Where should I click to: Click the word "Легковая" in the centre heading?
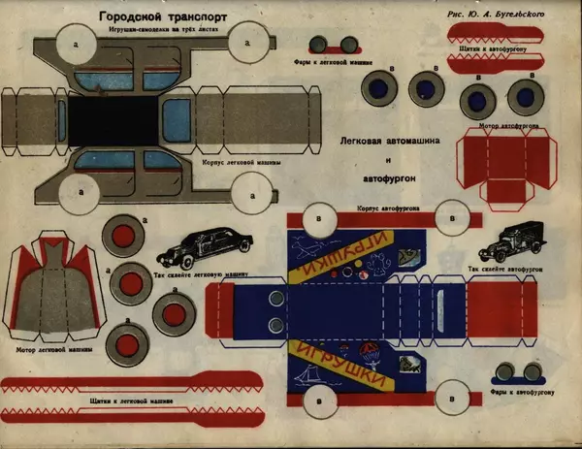coord(361,140)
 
